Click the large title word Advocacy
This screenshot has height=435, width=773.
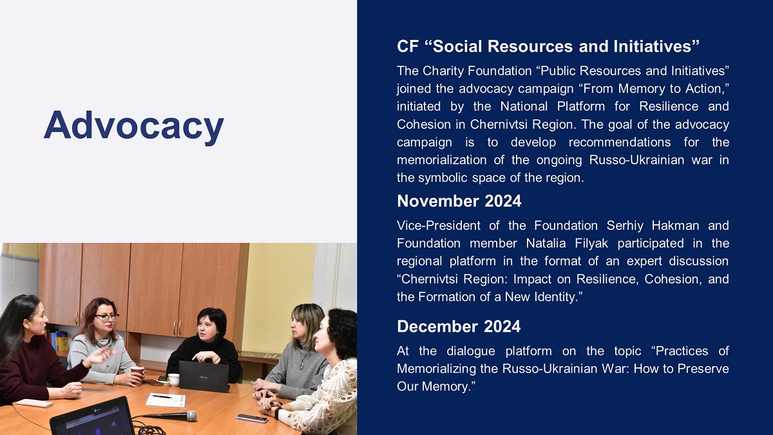134,126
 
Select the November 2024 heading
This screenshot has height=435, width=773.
459,201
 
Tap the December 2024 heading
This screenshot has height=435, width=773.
459,326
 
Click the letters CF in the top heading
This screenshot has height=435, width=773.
408,46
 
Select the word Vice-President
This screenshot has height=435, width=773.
439,226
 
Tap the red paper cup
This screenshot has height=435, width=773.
137,374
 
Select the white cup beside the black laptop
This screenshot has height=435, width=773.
173,380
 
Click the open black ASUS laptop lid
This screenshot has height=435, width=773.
204,376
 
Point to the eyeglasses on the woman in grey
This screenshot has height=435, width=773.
107,317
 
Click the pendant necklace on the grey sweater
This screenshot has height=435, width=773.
302,364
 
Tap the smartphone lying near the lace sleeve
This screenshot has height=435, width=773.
252,418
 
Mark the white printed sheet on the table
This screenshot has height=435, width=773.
166,400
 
